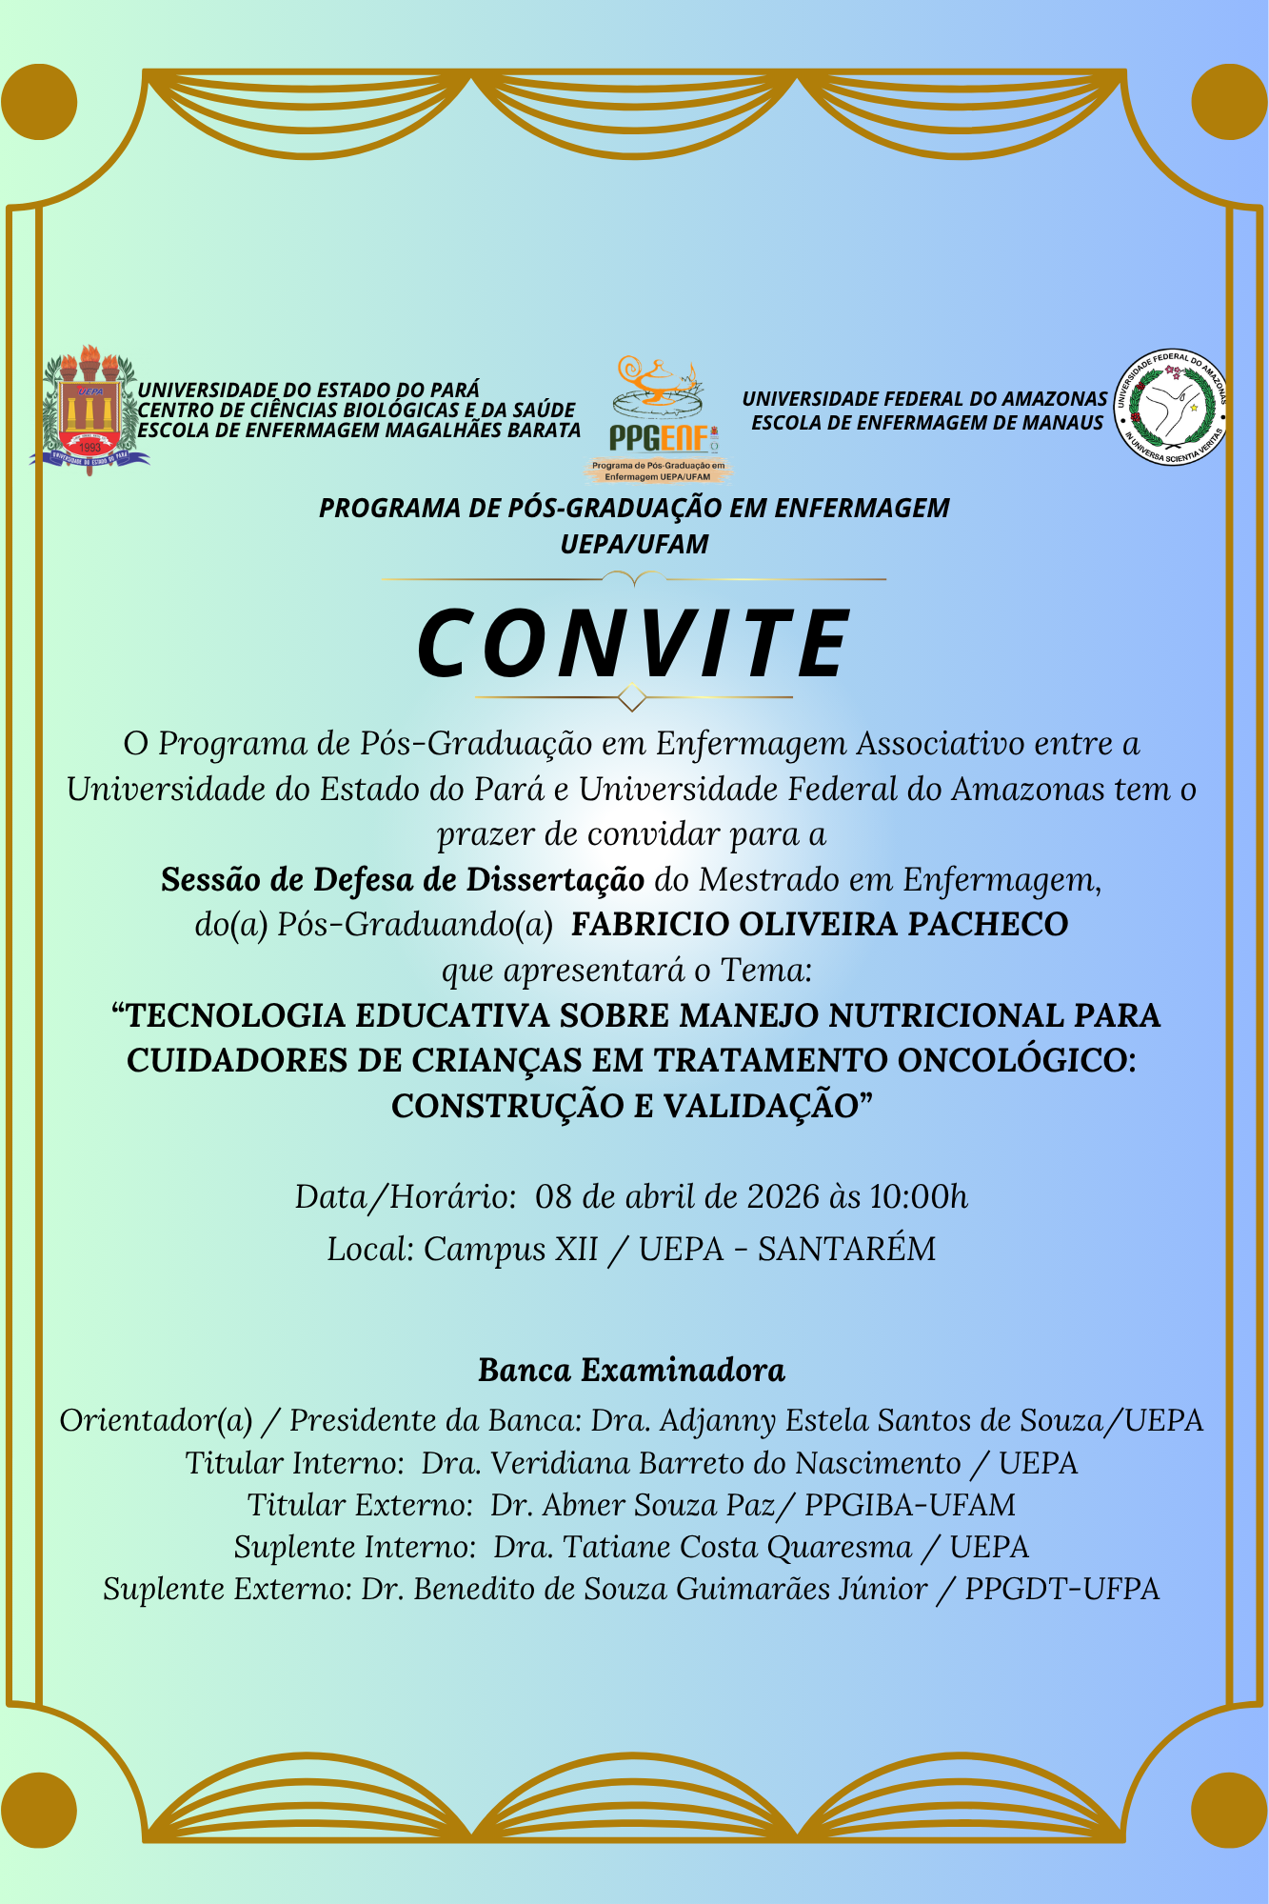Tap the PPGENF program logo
pos(658,419)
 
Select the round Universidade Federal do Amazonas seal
pos(1170,407)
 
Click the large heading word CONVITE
pos(634,643)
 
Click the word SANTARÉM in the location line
pos(846,1249)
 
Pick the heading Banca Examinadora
pos(632,1371)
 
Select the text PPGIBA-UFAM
pos(910,1505)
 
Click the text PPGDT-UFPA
pos(1062,1589)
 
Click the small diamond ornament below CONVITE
pos(632,697)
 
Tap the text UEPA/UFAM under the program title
pos(634,545)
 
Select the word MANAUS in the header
pos(1063,423)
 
